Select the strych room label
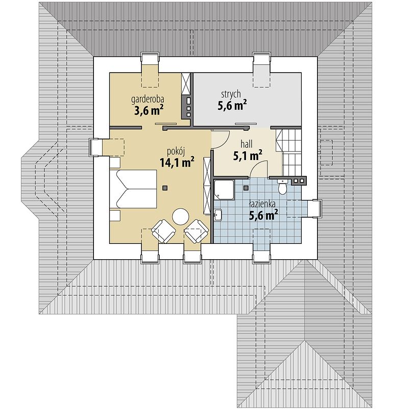(x=231, y=94)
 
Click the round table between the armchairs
(x=180, y=216)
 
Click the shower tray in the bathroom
(x=224, y=190)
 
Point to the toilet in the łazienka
(x=282, y=188)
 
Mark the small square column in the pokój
(x=164, y=188)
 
